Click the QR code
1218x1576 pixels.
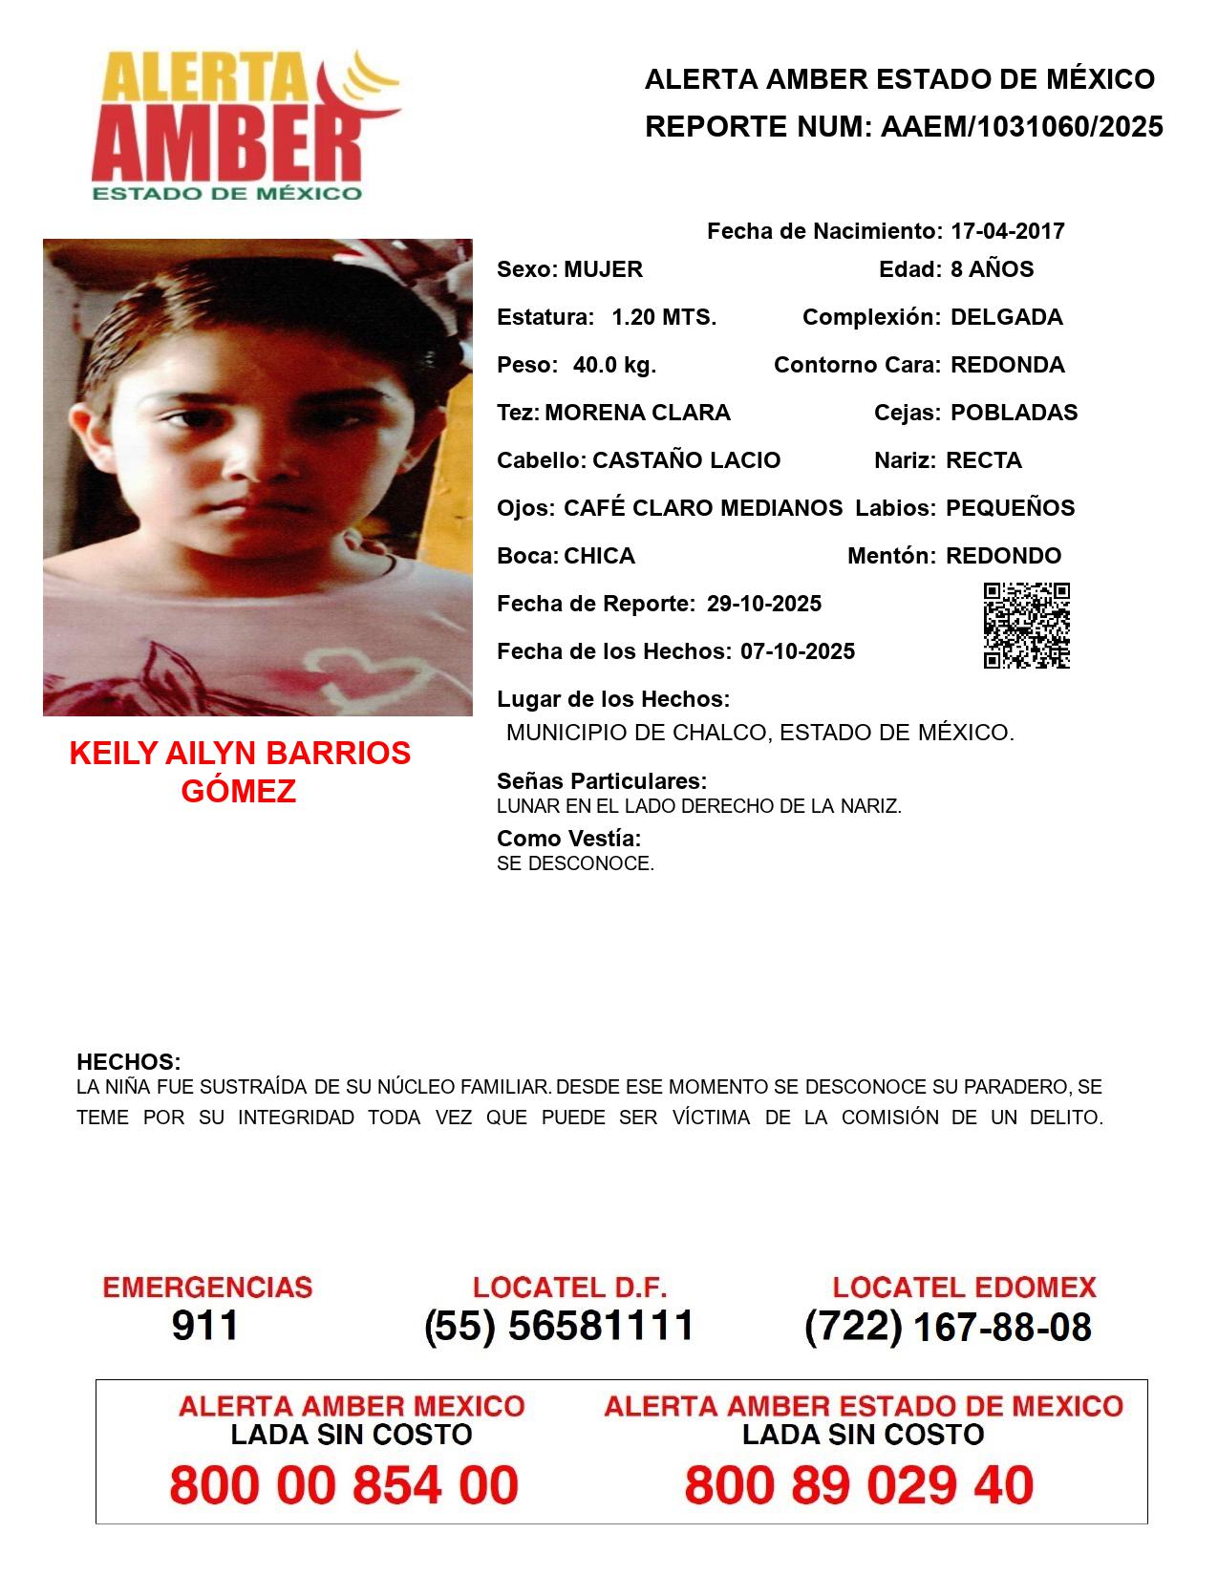pyautogui.click(x=1027, y=626)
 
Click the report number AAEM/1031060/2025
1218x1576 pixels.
pyautogui.click(x=1021, y=127)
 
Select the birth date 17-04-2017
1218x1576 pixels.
pyautogui.click(x=1007, y=231)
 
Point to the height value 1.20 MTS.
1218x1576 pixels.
pyautogui.click(x=664, y=317)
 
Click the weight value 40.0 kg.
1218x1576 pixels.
pyautogui.click(x=614, y=365)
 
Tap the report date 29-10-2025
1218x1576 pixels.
pyautogui.click(x=764, y=604)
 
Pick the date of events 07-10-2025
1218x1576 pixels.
pyautogui.click(x=798, y=651)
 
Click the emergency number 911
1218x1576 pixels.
pyautogui.click(x=205, y=1326)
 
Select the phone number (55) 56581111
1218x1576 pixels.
pyautogui.click(x=560, y=1326)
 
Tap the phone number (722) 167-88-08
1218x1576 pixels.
pyautogui.click(x=948, y=1327)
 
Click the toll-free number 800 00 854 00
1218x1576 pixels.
pyautogui.click(x=344, y=1485)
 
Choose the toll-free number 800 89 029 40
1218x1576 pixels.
pyautogui.click(x=859, y=1485)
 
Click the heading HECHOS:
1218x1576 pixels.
pyautogui.click(x=129, y=1062)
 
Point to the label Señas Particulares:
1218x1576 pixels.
pyautogui.click(x=602, y=781)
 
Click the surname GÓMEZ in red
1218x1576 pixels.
pyautogui.click(x=239, y=791)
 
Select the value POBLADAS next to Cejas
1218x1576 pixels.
pyautogui.click(x=1014, y=413)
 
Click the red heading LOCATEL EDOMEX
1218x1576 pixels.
pyautogui.click(x=964, y=1288)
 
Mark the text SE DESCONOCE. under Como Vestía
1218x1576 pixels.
pyautogui.click(x=575, y=863)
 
